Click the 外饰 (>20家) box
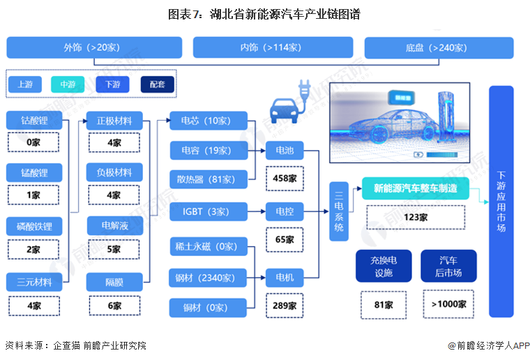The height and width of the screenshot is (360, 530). (94, 47)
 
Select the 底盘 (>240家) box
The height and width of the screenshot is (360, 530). (439, 47)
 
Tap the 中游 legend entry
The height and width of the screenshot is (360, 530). (68, 84)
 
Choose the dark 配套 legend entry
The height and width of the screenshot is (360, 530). (158, 84)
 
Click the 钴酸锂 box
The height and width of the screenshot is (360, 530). (33, 121)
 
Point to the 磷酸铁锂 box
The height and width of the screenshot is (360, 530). (33, 227)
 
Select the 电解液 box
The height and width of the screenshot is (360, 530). (114, 227)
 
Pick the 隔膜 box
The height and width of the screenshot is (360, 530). (114, 282)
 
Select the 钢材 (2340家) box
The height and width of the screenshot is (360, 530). (209, 278)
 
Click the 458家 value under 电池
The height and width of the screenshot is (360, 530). (285, 178)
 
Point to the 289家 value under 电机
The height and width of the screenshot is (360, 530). (285, 305)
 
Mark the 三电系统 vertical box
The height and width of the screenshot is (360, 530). (339, 211)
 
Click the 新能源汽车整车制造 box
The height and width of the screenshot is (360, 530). (415, 188)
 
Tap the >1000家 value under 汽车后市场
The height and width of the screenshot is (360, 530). (448, 304)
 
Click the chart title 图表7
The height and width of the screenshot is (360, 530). (264, 14)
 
